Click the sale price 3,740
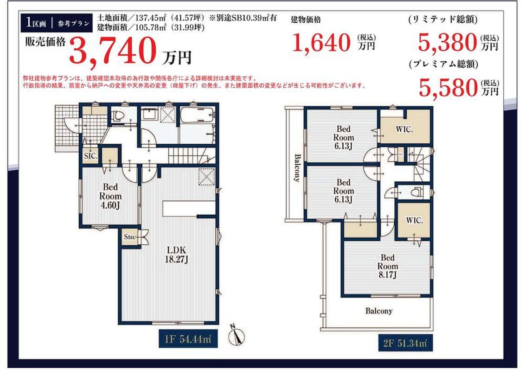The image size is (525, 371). (113, 51)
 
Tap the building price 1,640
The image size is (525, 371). (321, 43)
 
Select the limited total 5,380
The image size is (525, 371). (448, 43)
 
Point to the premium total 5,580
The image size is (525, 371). (448, 88)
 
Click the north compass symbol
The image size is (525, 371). (237, 335)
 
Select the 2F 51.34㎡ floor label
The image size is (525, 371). (405, 343)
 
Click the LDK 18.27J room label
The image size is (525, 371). (176, 255)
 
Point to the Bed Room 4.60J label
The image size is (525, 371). (110, 196)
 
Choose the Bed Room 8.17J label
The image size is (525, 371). (388, 267)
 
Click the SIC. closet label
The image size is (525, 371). (90, 156)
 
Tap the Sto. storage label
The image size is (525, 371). (129, 237)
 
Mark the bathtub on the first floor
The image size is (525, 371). (197, 115)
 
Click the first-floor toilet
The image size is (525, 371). (118, 115)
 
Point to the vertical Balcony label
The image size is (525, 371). (297, 167)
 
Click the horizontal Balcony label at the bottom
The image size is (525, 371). (379, 311)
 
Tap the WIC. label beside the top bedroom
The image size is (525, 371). (404, 129)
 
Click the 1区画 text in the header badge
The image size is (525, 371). (36, 23)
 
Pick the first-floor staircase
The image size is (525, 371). (191, 156)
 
